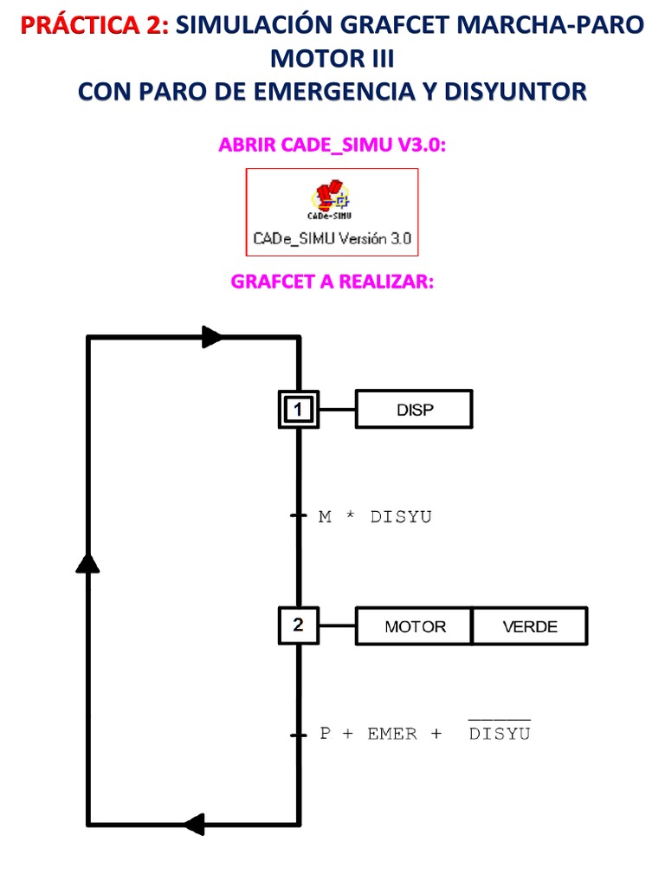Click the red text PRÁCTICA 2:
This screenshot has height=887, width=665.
[x=94, y=26]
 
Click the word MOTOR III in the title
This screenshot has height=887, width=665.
[x=332, y=59]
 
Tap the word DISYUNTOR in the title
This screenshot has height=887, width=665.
[x=515, y=91]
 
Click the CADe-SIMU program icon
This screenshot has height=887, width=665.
[x=333, y=197]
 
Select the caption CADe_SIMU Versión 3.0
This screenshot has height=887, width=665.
[x=332, y=238]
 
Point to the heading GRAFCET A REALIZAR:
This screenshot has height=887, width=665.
[x=332, y=283]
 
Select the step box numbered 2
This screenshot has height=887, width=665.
[x=298, y=625]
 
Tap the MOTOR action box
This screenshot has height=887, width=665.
[x=415, y=626]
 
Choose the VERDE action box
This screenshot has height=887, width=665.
[x=530, y=626]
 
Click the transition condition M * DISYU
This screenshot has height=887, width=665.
[x=375, y=517]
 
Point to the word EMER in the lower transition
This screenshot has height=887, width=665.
[x=391, y=734]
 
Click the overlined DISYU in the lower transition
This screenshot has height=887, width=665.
[x=499, y=733]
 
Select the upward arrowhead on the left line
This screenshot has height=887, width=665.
[x=87, y=563]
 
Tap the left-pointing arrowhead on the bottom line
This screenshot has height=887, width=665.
[x=194, y=824]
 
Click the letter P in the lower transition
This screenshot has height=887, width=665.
[x=326, y=734]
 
